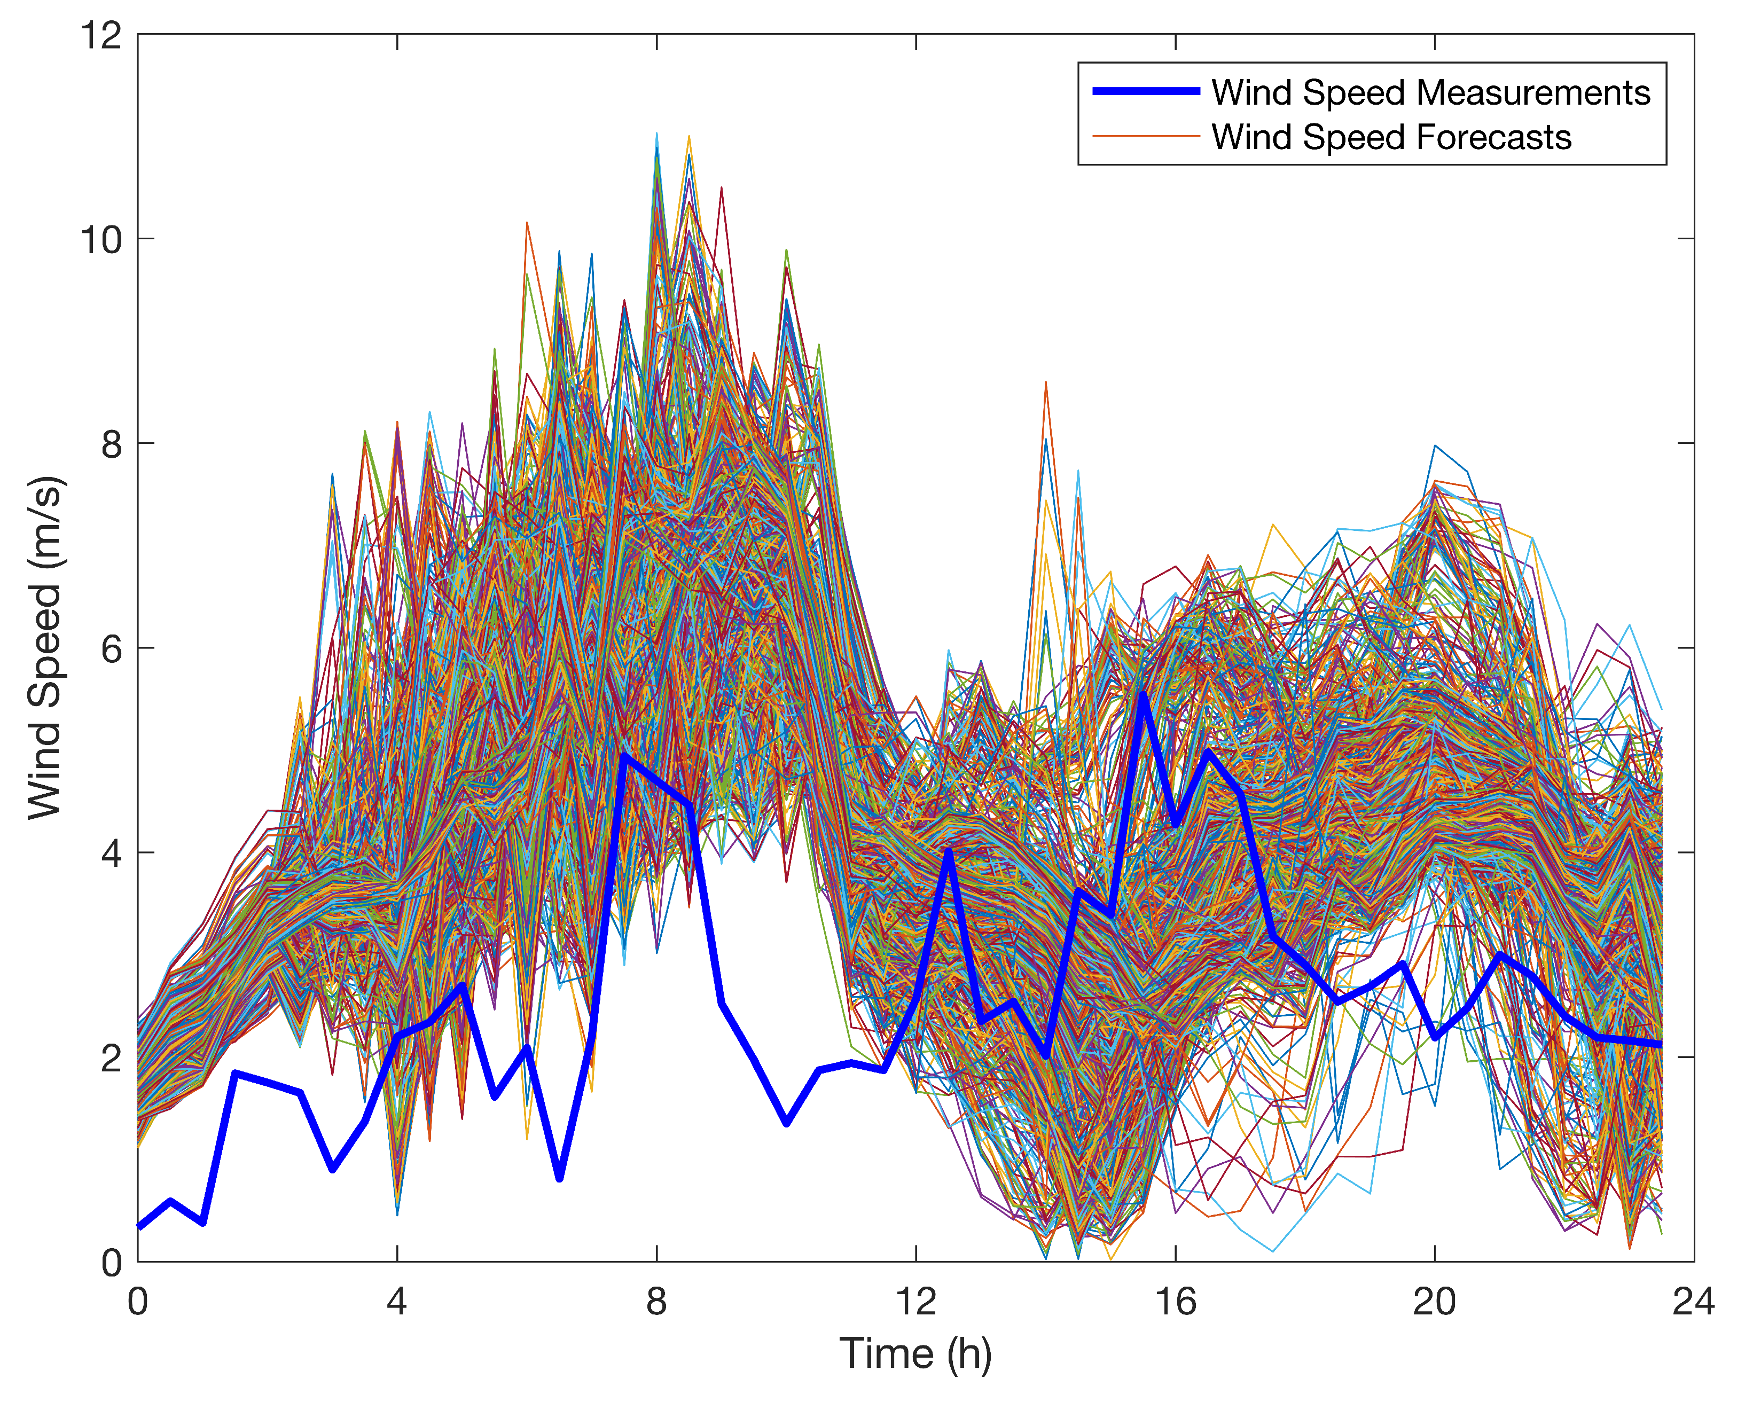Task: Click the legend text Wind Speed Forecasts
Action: (1390, 137)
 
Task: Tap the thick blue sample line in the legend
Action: (1145, 91)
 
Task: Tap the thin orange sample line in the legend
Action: (1145, 137)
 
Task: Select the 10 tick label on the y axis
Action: (100, 240)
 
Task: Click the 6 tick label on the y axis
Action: (112, 648)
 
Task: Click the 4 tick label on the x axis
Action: (396, 1302)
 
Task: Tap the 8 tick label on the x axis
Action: (656, 1302)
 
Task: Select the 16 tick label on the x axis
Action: (1175, 1302)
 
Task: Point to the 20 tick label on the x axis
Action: (1434, 1302)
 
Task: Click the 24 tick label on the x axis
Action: (1693, 1302)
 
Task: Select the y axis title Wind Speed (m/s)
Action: (44, 647)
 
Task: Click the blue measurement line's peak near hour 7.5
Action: (624, 755)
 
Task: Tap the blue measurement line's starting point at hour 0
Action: (139, 1226)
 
